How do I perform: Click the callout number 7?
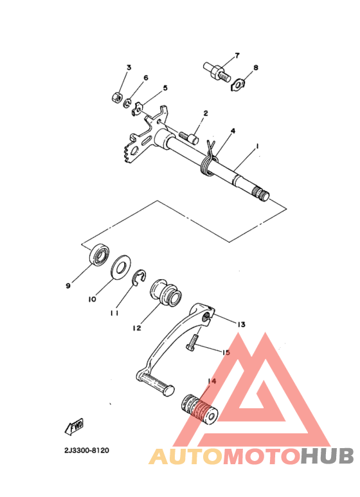pyautogui.click(x=236, y=56)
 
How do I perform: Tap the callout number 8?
pyautogui.click(x=255, y=67)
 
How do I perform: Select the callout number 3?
pyautogui.click(x=129, y=68)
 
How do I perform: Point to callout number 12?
pyautogui.click(x=137, y=328)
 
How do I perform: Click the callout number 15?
pyautogui.click(x=226, y=353)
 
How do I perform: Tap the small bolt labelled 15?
pyautogui.click(x=192, y=347)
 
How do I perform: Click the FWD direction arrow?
pyautogui.click(x=75, y=426)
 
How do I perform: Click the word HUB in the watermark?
pyautogui.click(x=327, y=456)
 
